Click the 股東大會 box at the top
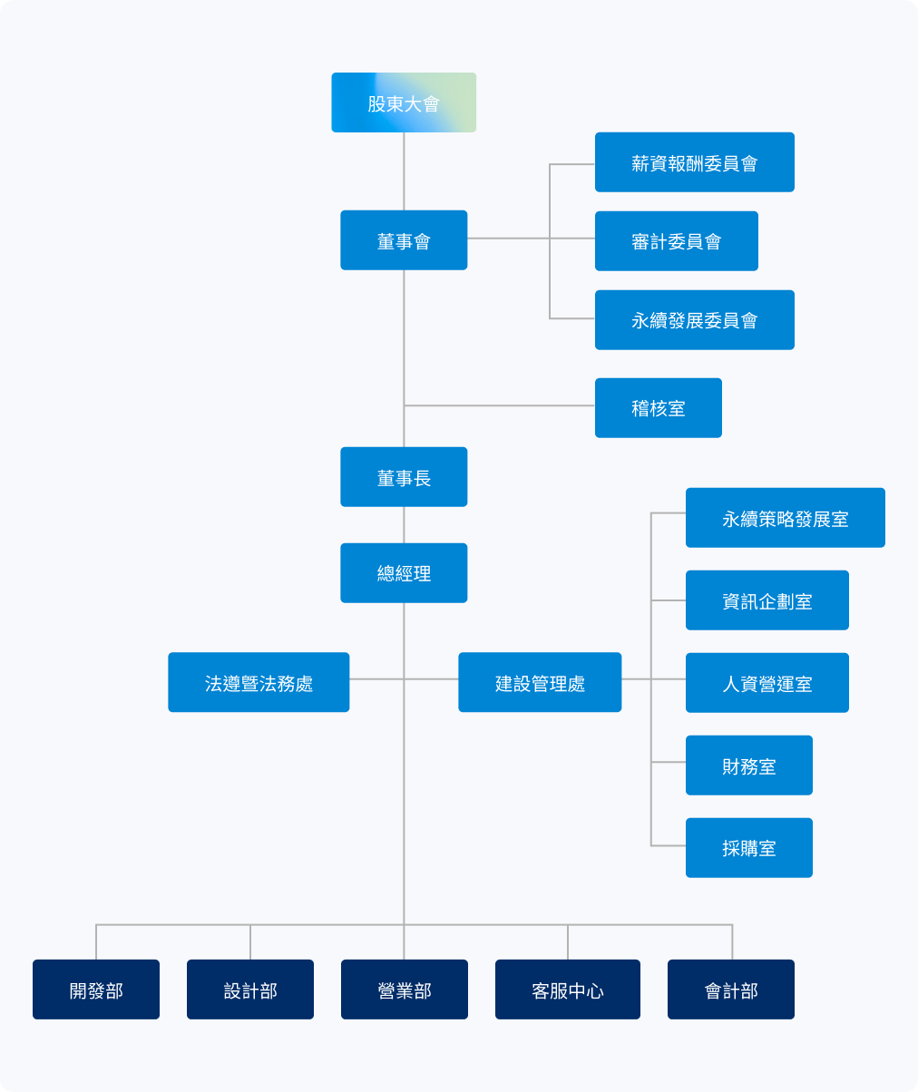404,102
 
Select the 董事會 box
404,240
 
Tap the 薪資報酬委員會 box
695,162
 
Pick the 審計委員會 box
677,241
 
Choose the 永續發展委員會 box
695,320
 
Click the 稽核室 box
659,408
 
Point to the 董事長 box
404,477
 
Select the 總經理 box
404,573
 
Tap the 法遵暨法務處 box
259,682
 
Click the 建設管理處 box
540,682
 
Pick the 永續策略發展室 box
786,518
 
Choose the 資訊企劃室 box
767,600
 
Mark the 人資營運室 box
767,683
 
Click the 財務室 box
749,765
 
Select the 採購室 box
749,848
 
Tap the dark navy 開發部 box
96,990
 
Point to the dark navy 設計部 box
250,990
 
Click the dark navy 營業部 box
405,990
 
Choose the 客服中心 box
568,990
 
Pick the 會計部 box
731,990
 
